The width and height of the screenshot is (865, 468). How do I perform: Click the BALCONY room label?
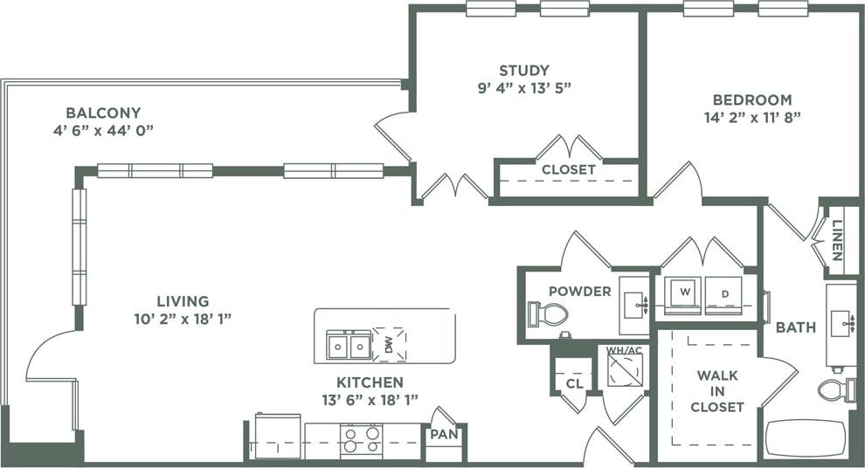point(103,113)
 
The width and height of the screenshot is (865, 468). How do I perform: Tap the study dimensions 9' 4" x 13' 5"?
point(524,87)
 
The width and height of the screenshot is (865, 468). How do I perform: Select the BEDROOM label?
point(751,100)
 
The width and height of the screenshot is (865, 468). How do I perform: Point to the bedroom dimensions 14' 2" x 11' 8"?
point(751,116)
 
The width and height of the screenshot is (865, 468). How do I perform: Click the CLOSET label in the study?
point(568,169)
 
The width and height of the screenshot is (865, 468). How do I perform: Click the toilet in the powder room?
point(550,313)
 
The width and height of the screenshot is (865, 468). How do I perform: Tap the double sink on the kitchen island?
point(349,346)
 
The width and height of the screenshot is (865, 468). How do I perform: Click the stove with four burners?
point(360,440)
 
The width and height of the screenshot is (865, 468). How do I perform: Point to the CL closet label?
point(573,382)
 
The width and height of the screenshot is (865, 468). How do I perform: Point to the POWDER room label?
point(579,291)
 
